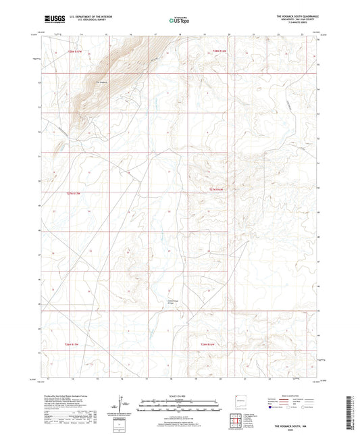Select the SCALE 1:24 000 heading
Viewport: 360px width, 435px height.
click(180, 395)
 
